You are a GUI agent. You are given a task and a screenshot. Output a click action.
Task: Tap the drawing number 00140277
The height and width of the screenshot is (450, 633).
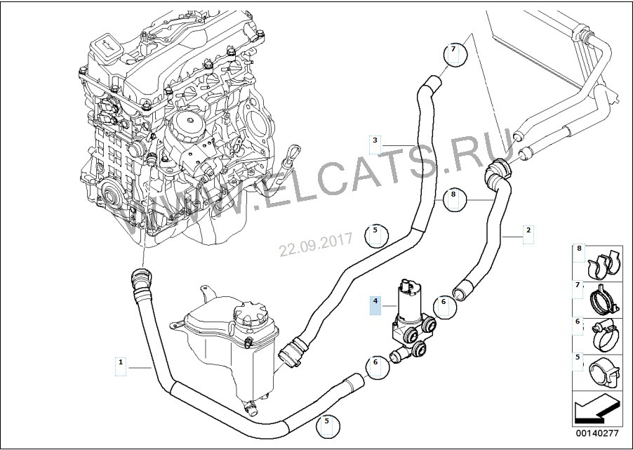pyautogui.click(x=597, y=433)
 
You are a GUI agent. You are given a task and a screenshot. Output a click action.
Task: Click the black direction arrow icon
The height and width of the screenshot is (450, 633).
pyautogui.click(x=597, y=409)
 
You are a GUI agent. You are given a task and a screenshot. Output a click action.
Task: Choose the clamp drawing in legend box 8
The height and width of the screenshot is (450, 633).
pyautogui.click(x=602, y=264)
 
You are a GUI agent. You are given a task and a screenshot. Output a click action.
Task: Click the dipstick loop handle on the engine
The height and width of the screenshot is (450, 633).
pyautogui.click(x=294, y=153)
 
